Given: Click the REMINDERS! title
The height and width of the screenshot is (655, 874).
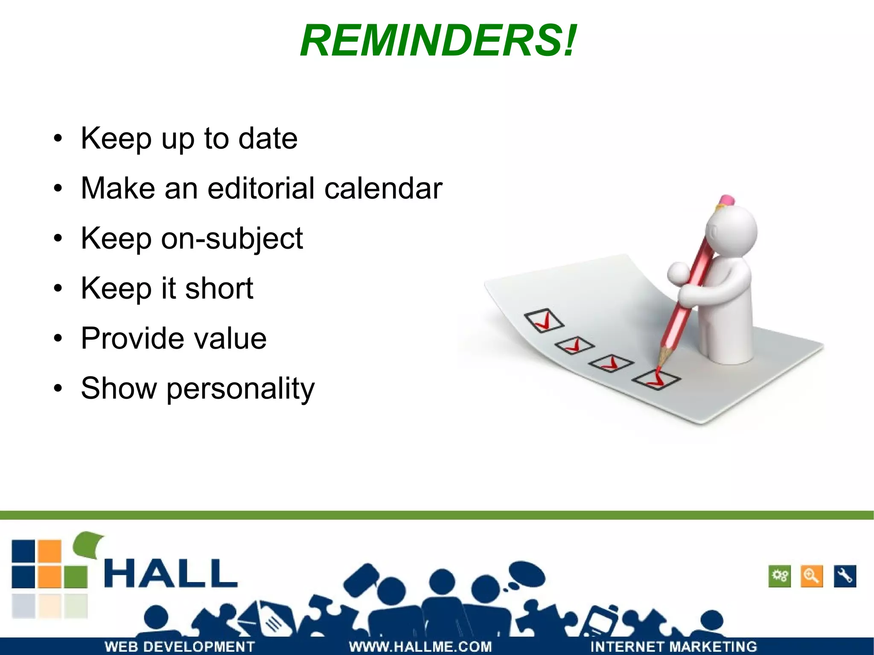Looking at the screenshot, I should tap(438, 41).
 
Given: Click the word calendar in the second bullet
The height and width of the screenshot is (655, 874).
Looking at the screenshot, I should tap(383, 188).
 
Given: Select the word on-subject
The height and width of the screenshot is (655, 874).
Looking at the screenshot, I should tap(232, 239).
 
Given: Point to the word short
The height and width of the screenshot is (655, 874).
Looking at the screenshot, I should tap(219, 288).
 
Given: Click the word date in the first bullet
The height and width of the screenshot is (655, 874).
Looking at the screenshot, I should tap(268, 139).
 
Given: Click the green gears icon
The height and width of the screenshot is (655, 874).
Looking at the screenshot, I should tap(780, 576).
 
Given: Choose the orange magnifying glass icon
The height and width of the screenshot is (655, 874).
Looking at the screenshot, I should tap(811, 576).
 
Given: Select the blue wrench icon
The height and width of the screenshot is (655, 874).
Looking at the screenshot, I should tap(845, 576).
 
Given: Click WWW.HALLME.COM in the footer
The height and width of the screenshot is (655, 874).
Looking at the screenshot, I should tap(420, 646).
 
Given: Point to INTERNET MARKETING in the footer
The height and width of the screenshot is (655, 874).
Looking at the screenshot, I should tap(673, 646).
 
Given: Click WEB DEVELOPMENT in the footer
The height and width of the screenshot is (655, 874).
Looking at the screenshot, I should tap(180, 646).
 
